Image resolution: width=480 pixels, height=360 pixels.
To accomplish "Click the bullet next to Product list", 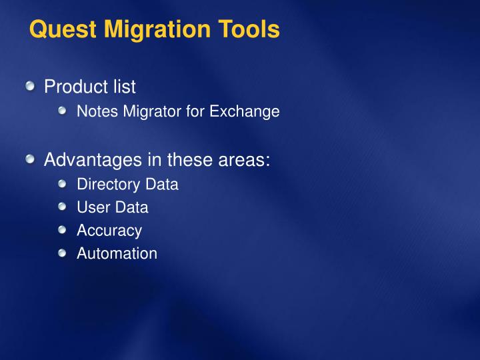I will coord(31,86).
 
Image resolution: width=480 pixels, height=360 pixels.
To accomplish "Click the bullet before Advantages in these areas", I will coord(31,159).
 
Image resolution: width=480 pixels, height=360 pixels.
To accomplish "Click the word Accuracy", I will coord(109,231).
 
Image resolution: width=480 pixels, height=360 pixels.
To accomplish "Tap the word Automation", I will coord(117,253).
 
